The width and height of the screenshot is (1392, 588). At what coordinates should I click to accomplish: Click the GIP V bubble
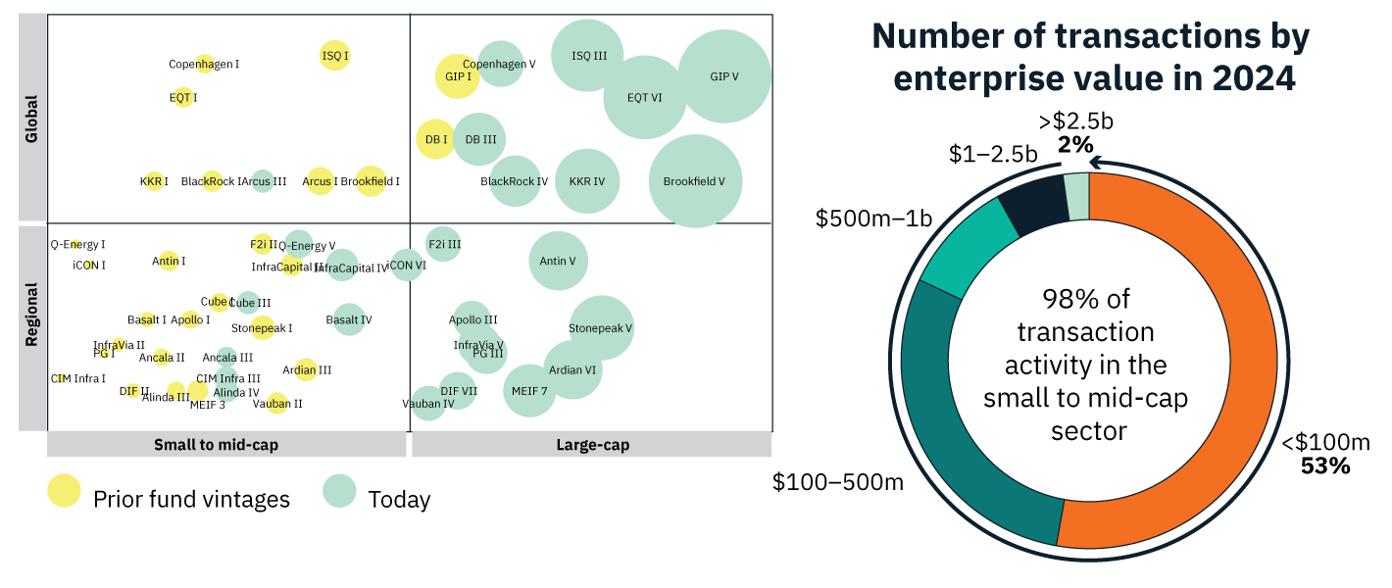(x=723, y=76)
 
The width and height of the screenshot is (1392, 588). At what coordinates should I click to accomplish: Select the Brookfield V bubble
(x=695, y=181)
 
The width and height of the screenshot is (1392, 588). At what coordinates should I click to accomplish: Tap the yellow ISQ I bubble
(x=335, y=56)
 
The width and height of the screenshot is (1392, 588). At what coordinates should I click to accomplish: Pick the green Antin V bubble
(x=558, y=261)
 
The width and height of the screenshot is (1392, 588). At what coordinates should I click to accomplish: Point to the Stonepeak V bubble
(x=601, y=328)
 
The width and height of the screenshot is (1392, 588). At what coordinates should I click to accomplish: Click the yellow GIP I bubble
(x=457, y=75)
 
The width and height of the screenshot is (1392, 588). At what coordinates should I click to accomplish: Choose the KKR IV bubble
(x=587, y=181)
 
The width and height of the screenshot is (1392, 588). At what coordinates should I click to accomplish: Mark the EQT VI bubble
(x=645, y=97)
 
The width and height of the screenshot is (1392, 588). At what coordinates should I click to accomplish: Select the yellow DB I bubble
(x=434, y=139)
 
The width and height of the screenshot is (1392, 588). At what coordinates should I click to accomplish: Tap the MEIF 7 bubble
(x=529, y=390)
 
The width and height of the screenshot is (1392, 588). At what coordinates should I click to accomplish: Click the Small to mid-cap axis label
(x=216, y=445)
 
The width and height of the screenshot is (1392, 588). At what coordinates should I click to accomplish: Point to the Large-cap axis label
(x=592, y=445)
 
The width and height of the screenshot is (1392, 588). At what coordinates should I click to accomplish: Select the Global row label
(x=32, y=119)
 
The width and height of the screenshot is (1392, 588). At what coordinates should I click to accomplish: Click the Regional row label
(x=32, y=315)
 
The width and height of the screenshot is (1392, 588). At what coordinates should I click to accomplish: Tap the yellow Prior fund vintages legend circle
(x=65, y=491)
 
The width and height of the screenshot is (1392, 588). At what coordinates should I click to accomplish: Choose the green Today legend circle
(x=340, y=491)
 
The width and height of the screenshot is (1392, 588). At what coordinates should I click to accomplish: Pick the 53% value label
(x=1325, y=466)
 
